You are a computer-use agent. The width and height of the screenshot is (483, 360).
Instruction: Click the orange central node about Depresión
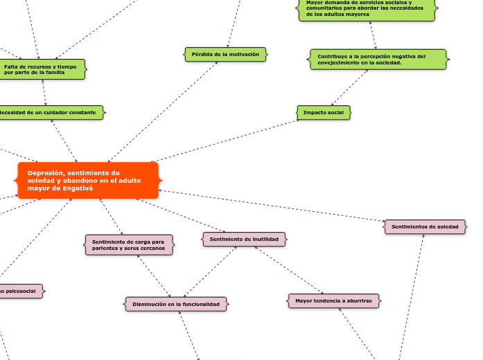pos(87,181)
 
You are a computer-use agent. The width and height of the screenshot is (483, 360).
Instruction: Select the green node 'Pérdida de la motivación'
pos(225,54)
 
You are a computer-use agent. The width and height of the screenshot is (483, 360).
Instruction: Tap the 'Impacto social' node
pos(324,112)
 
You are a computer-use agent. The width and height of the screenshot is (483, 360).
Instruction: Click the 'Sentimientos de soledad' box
pos(425,227)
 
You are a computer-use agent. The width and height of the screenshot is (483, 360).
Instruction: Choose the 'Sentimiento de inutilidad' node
pos(244,240)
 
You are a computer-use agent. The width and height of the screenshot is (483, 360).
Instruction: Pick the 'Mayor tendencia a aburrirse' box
pos(333,301)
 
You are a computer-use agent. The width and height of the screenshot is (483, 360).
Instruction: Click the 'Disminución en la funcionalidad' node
pos(176,304)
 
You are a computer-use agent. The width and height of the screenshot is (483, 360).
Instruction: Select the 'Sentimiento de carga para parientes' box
pos(129,244)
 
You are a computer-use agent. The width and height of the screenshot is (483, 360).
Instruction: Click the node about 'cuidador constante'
pos(50,112)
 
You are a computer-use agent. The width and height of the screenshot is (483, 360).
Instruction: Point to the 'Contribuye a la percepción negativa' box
pos(378,60)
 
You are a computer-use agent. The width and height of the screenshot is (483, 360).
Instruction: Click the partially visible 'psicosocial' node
pos(21,291)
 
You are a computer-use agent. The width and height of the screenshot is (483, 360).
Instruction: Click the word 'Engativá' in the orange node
pos(77,188)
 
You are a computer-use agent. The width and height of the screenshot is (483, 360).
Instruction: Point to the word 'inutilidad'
pos(263,240)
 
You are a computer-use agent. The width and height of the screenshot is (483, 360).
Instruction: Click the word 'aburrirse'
pos(357,301)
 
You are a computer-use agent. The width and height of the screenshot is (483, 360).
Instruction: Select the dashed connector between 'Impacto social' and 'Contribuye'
pos(349,88)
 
